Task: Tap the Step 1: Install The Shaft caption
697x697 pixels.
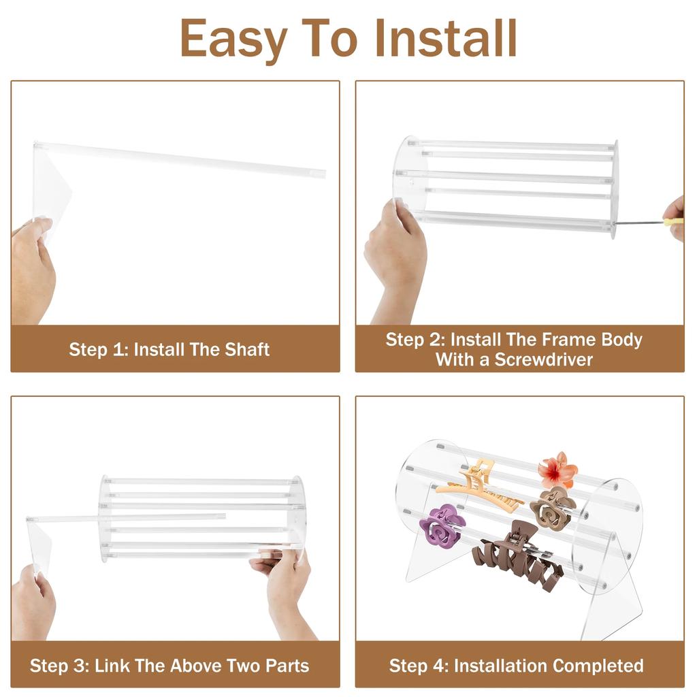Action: pyautogui.click(x=169, y=350)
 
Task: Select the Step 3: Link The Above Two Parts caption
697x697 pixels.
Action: pyautogui.click(x=169, y=665)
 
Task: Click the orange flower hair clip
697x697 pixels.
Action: pyautogui.click(x=557, y=470)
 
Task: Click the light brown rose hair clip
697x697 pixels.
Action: pyautogui.click(x=553, y=508)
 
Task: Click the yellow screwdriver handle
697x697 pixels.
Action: pyautogui.click(x=673, y=221)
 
